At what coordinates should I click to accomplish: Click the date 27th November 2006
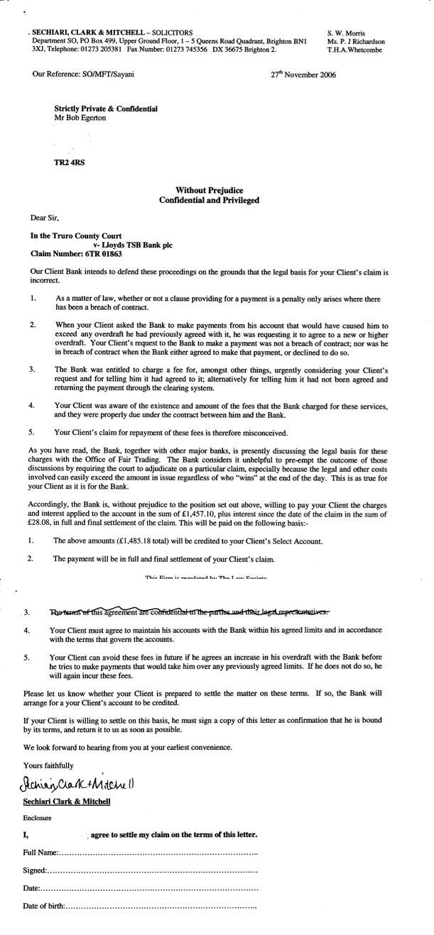pyautogui.click(x=304, y=74)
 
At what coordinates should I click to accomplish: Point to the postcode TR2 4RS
pyautogui.click(x=69, y=162)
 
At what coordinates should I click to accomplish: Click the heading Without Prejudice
pyautogui.click(x=209, y=190)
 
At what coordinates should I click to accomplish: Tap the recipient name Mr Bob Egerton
pyautogui.click(x=80, y=118)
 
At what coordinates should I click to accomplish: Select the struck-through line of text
pyautogui.click(x=190, y=612)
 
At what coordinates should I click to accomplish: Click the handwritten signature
pyautogui.click(x=79, y=784)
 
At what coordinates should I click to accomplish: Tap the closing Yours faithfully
pyautogui.click(x=48, y=765)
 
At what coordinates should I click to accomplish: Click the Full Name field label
pyautogui.click(x=40, y=851)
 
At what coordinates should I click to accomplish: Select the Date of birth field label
pyautogui.click(x=45, y=906)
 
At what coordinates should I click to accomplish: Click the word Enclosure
pyautogui.click(x=38, y=818)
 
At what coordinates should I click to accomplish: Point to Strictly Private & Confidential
pyautogui.click(x=106, y=109)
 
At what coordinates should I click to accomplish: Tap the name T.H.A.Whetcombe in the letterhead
pyautogui.click(x=354, y=50)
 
